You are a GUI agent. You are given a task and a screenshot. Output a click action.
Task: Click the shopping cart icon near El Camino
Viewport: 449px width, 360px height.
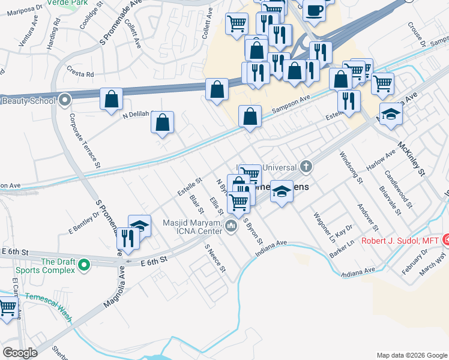click(7, 308)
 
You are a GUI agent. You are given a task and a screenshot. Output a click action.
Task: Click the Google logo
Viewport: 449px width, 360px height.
click(20, 353)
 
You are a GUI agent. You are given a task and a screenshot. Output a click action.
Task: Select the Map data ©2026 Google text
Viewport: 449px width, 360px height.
click(412, 355)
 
